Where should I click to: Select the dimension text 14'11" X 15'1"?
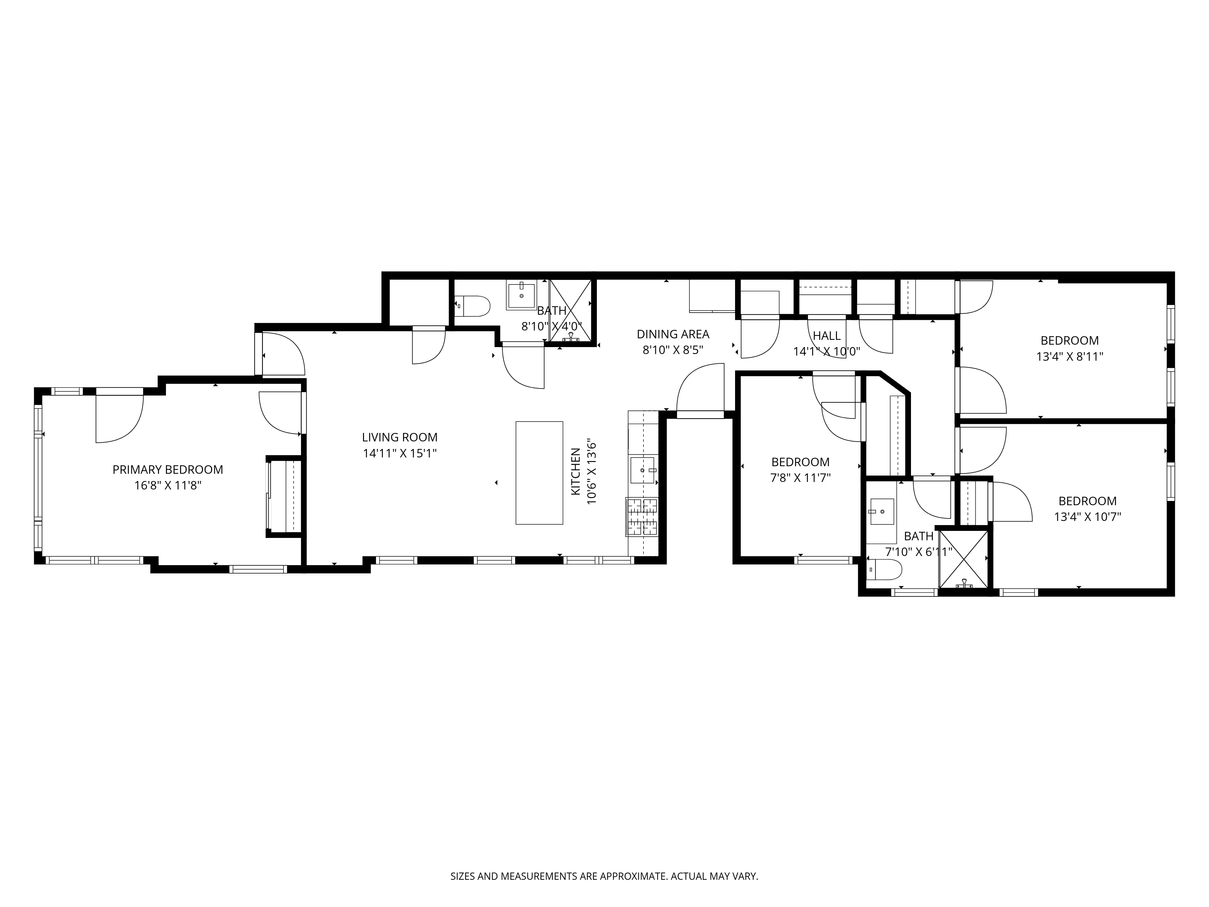click(400, 453)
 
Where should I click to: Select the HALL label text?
click(826, 336)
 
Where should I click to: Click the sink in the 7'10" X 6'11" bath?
click(881, 512)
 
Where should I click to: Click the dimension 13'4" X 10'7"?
click(1087, 517)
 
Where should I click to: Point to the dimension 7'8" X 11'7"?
click(800, 478)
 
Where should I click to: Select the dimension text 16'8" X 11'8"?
click(168, 486)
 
